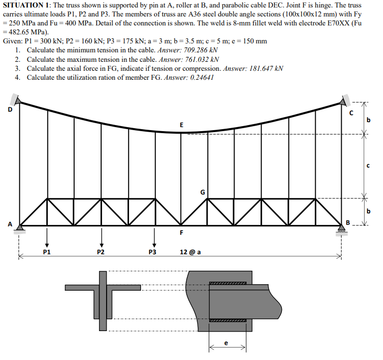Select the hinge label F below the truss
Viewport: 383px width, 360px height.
(x=181, y=232)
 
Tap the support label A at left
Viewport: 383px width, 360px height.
(x=9, y=223)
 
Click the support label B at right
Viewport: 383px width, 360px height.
(x=349, y=222)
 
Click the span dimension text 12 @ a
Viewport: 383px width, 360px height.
(x=190, y=252)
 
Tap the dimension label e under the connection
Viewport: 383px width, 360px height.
(x=227, y=343)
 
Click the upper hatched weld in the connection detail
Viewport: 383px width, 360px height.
(x=228, y=283)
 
